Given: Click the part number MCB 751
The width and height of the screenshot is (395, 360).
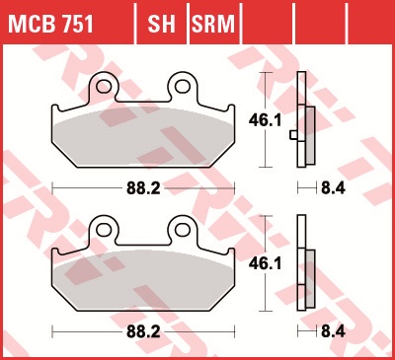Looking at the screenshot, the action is pos(50,24).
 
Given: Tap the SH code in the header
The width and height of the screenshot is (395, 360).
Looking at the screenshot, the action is pos(161,24).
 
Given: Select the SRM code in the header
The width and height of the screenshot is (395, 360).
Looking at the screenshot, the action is pos(213,24).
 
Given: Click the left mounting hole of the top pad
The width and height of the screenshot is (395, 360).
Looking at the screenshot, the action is pos(104,86).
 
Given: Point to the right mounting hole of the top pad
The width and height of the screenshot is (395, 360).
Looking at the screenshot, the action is pos(182,86).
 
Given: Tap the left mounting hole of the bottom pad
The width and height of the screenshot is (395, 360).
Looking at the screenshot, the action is pos(104,230).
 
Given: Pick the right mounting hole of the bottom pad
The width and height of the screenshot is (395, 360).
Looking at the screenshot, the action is pos(182,230).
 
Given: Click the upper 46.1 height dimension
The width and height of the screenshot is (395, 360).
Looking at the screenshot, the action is pos(265,120).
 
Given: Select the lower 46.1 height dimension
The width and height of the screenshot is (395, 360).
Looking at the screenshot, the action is pos(265,263).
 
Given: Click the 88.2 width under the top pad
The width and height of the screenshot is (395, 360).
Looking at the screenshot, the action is pos(143,188).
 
